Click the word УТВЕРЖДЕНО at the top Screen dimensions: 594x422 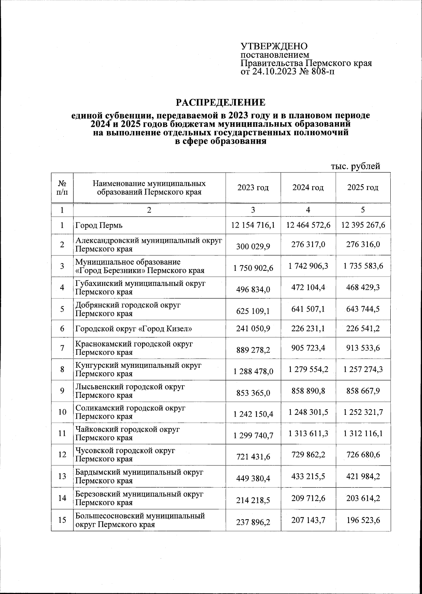coord(274,46)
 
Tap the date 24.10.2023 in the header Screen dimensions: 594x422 coord(273,72)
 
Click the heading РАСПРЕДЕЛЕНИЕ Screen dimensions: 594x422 coord(220,102)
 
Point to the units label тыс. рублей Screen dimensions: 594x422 coord(355,166)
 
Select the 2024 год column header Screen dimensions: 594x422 coord(308,188)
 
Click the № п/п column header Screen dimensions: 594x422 coord(62,188)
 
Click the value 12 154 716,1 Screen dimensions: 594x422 coord(253,225)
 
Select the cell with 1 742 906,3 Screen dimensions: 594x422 coord(308,266)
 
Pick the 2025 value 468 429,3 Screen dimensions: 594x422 coord(363,288)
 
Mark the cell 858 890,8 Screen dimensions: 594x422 coord(308,391)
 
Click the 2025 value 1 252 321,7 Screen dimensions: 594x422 coord(363,412)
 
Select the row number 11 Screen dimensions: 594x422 coord(62,433)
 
